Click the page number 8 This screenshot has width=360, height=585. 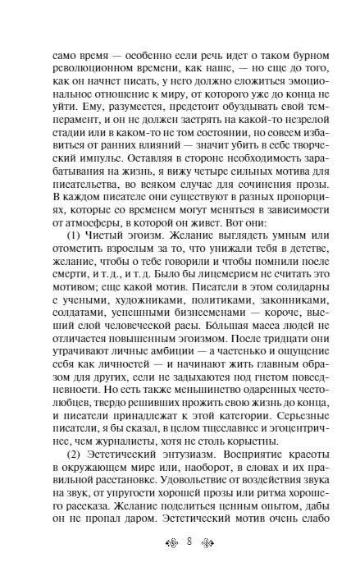(180, 563)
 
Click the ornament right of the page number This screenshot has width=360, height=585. (200, 563)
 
